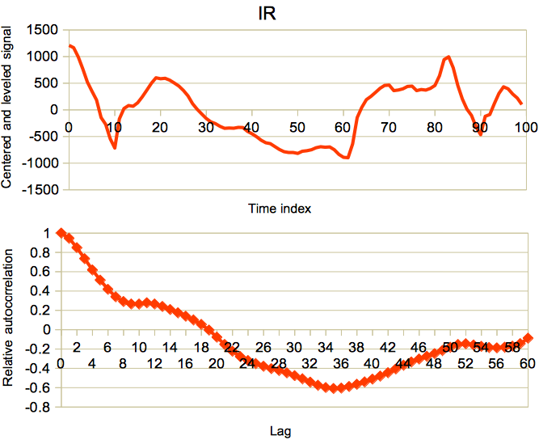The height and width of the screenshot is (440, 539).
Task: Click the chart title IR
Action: click(267, 14)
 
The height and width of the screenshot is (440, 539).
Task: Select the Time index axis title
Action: click(280, 208)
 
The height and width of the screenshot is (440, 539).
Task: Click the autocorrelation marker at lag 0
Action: click(61, 234)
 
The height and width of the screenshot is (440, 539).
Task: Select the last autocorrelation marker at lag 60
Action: click(527, 338)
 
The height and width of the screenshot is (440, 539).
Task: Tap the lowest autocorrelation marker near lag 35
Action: click(333, 388)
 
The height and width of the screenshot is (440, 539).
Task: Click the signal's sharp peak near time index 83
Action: click(448, 57)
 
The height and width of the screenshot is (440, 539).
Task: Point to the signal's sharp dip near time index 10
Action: click(115, 147)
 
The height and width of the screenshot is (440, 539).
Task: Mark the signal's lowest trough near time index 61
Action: click(347, 158)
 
